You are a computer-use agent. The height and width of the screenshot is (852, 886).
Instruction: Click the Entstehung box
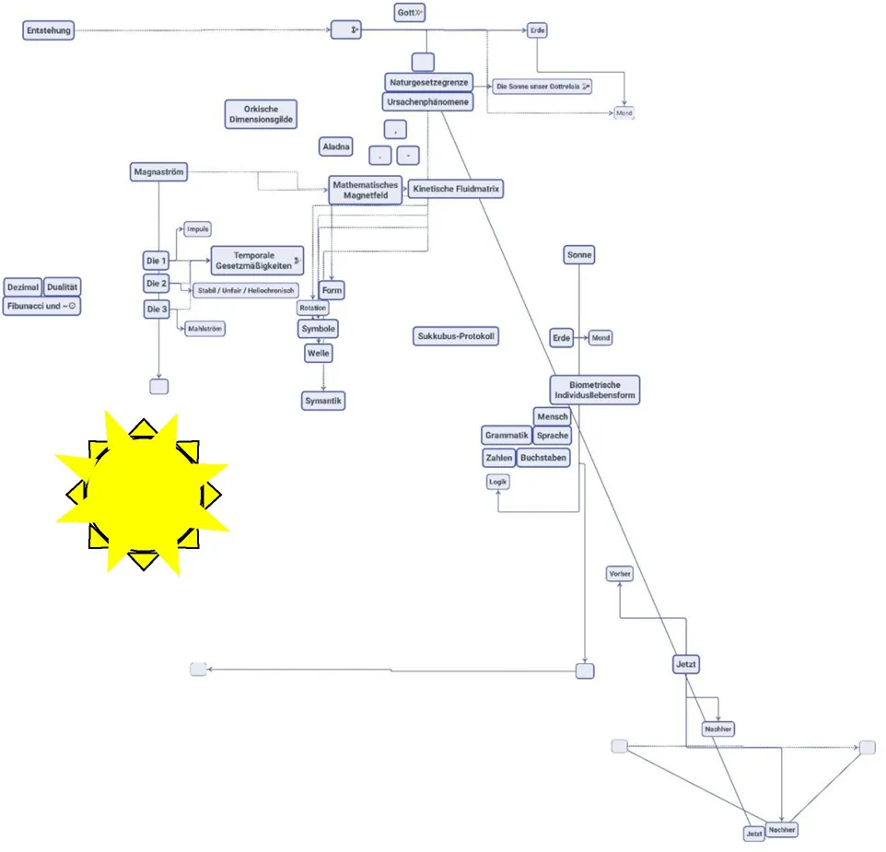(x=48, y=31)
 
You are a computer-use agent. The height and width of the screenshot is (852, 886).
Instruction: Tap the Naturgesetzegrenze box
(x=428, y=82)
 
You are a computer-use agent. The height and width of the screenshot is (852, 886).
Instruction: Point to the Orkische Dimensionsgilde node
(x=262, y=114)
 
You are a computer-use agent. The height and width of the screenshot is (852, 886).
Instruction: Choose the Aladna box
(x=336, y=147)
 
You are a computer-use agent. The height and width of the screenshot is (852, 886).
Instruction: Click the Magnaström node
(x=159, y=172)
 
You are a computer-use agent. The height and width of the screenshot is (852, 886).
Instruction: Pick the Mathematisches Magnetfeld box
(x=366, y=190)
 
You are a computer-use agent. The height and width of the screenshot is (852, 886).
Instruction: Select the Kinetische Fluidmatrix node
(x=456, y=189)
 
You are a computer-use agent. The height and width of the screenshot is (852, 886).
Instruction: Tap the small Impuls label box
(x=198, y=229)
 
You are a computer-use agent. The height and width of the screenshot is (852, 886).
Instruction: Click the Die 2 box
(x=157, y=284)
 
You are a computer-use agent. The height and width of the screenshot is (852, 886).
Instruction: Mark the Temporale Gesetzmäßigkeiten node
(x=257, y=261)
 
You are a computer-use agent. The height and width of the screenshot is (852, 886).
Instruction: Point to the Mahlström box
(x=205, y=328)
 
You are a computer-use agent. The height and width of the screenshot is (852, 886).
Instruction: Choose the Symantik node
(x=323, y=401)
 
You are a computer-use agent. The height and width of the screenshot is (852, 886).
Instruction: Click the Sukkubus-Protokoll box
(x=456, y=336)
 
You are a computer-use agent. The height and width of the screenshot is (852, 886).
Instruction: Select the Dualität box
(x=63, y=287)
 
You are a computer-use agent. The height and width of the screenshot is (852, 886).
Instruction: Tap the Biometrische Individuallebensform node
(x=594, y=390)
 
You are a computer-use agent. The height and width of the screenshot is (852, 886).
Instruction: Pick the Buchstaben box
(x=543, y=457)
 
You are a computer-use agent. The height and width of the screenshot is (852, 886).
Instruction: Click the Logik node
(x=497, y=481)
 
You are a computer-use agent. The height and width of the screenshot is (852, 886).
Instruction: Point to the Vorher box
(x=620, y=574)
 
